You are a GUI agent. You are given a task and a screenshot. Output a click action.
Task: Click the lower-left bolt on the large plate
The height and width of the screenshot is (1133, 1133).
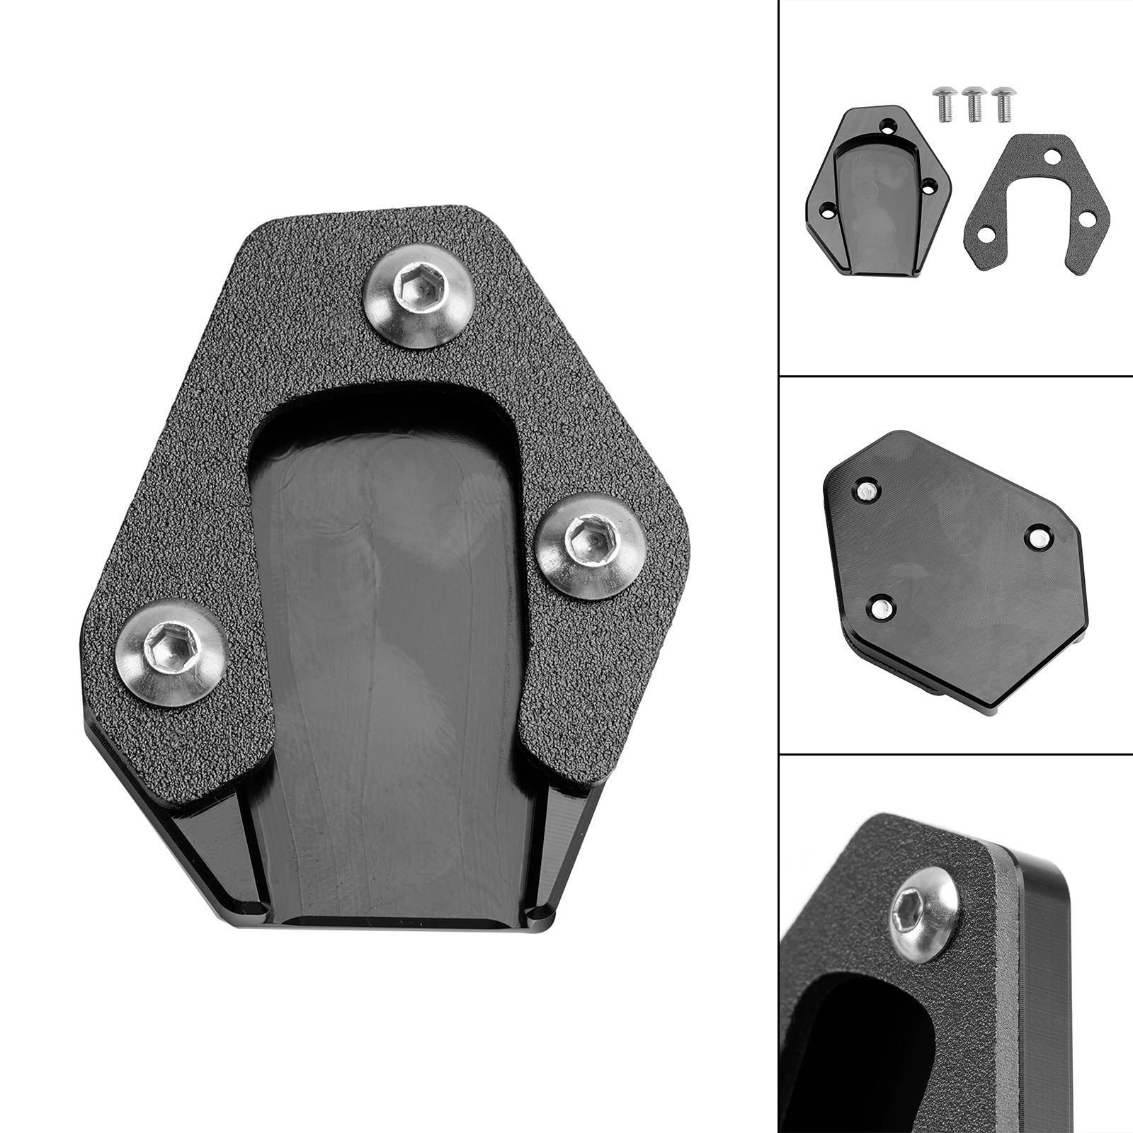click(x=171, y=652)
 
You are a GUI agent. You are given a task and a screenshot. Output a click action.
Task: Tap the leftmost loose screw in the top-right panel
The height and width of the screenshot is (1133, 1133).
click(x=944, y=103)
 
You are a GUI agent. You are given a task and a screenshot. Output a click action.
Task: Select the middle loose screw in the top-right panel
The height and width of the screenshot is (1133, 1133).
click(x=975, y=103)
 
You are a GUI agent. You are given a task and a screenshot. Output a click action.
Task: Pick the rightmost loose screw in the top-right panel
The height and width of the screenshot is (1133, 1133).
click(x=1003, y=103)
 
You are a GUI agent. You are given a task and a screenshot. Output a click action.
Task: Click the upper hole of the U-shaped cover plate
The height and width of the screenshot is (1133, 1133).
click(x=1052, y=156)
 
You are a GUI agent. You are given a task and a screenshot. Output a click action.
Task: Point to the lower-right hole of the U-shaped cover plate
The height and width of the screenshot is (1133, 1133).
click(x=1085, y=219)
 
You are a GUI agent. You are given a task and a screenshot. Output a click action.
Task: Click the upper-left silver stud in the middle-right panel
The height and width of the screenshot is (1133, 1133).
click(x=866, y=489)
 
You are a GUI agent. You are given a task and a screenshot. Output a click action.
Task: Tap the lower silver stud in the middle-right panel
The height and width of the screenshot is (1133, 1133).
click(x=880, y=606)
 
